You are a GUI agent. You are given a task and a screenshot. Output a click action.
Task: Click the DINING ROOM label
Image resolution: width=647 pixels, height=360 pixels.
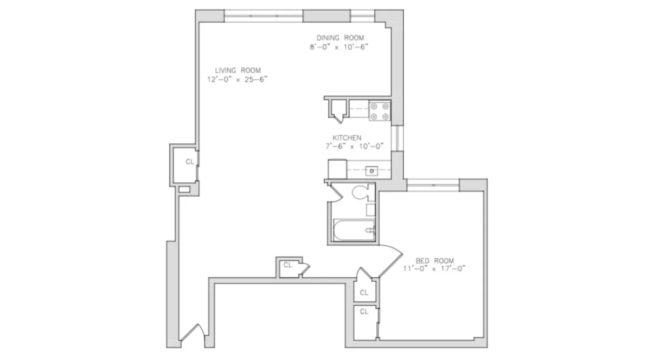click(x=340, y=38)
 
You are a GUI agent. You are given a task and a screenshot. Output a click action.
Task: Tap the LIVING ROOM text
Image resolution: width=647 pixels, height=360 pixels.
click(x=238, y=70)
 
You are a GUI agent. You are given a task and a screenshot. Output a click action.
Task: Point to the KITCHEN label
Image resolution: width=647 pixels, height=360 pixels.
click(x=347, y=137)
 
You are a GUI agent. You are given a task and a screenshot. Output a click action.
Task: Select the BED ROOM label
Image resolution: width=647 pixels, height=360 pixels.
click(x=435, y=260)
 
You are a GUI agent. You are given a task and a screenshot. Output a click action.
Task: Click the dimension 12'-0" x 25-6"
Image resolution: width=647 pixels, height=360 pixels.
click(x=238, y=79)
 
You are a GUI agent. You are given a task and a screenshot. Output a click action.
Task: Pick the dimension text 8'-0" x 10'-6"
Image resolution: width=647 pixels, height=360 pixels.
click(x=339, y=46)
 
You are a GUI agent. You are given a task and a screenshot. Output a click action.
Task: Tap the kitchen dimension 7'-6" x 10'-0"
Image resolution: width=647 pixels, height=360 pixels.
click(x=347, y=146)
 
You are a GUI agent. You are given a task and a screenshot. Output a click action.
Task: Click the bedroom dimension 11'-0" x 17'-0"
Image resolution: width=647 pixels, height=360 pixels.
click(x=433, y=268)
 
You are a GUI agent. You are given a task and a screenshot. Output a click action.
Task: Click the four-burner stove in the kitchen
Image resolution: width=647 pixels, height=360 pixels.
click(x=379, y=111)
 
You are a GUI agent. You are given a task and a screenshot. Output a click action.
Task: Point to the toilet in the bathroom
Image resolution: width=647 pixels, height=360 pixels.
click(x=360, y=192)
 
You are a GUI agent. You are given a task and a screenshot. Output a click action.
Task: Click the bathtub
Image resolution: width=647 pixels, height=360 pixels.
click(x=354, y=230)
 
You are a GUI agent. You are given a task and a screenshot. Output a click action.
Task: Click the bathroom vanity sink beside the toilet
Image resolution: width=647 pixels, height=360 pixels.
click(x=371, y=210)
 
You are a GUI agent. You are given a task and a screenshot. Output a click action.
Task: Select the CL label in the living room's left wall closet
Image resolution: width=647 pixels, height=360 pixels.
click(x=189, y=162)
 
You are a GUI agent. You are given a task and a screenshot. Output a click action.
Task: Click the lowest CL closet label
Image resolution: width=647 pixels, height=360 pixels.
click(x=364, y=311)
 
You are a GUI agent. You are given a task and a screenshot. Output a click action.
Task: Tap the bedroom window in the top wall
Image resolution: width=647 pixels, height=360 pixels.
click(x=433, y=185)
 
